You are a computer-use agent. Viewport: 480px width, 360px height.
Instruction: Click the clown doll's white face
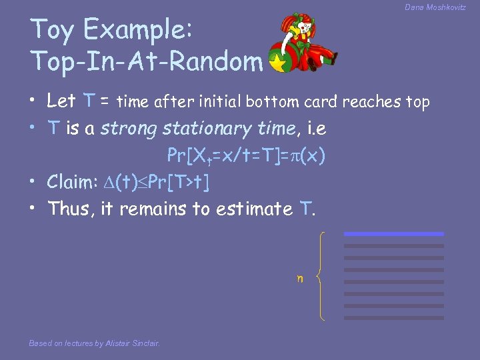click(x=303, y=28)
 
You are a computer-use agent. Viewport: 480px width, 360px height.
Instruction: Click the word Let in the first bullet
click(x=61, y=101)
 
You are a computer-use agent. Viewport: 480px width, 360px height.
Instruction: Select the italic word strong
click(x=125, y=128)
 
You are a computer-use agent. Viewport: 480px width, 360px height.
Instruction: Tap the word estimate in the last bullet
click(x=253, y=209)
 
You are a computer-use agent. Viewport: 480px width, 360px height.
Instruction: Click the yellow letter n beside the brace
click(x=300, y=278)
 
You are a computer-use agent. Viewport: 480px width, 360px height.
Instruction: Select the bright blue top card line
click(x=393, y=234)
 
